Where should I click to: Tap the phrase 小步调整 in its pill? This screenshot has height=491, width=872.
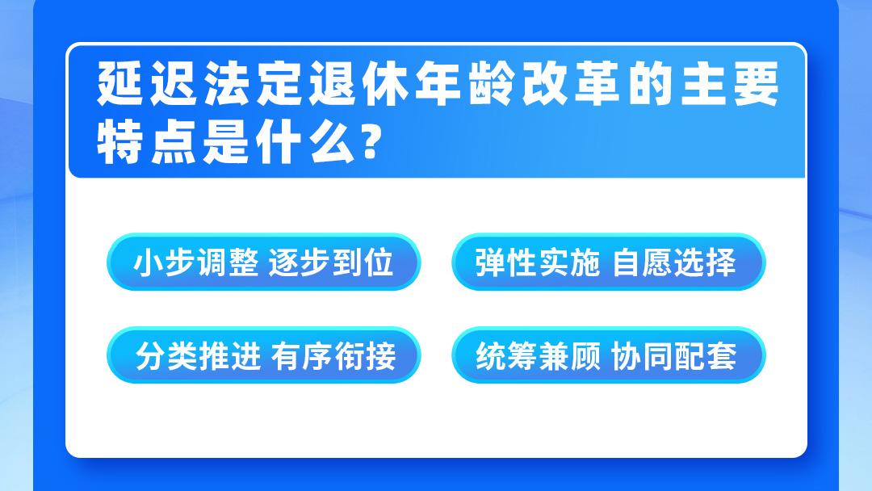click(x=195, y=262)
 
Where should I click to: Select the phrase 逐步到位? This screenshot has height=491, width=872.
click(x=331, y=262)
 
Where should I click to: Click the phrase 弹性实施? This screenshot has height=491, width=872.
click(x=538, y=262)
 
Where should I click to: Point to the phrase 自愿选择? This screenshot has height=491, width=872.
click(x=674, y=262)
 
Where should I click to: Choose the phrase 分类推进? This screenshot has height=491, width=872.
click(x=198, y=356)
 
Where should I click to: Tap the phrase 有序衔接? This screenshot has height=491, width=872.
click(x=333, y=356)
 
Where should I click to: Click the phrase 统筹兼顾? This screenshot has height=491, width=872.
click(x=539, y=356)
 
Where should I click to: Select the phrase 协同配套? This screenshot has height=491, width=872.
click(x=674, y=356)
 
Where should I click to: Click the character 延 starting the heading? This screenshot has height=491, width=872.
click(x=119, y=83)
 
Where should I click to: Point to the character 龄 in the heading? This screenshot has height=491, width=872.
click(x=491, y=83)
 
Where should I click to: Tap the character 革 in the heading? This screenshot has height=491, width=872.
click(x=597, y=83)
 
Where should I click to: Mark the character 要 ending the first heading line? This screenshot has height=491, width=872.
click(x=757, y=83)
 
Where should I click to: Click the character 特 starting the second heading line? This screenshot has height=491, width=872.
click(x=119, y=142)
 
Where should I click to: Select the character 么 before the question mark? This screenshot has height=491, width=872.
click(x=332, y=142)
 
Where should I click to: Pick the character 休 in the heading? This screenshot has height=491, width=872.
click(x=385, y=83)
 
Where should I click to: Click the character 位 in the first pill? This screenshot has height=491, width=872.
click(x=379, y=262)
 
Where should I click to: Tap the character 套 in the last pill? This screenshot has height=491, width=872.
click(x=722, y=356)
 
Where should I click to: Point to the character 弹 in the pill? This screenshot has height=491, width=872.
click(x=491, y=262)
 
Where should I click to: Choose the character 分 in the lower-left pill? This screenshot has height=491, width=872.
click(x=151, y=356)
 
